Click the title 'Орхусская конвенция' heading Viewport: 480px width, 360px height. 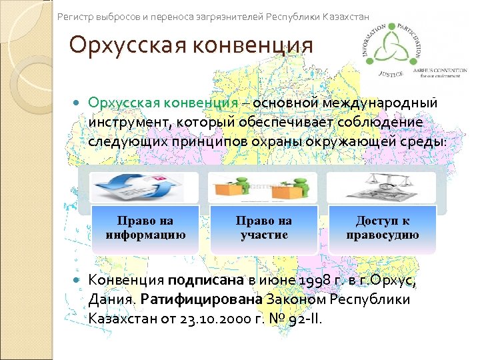coord(191,45)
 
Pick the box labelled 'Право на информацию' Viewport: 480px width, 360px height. coord(145,228)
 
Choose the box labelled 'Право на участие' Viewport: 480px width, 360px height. coord(263,228)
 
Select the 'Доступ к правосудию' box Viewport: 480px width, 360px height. coord(382,228)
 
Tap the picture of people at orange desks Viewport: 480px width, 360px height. coord(263,188)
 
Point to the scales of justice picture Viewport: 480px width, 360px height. coord(382,188)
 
